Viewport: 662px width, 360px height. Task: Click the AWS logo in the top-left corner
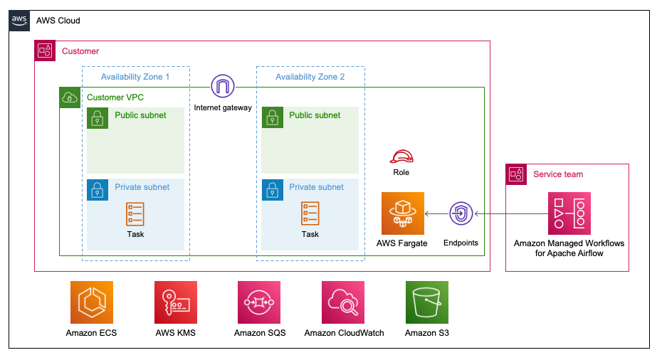[x=20, y=21]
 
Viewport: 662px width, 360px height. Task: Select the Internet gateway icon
[x=223, y=88]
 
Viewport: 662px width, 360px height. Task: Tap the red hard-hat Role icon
[x=401, y=157]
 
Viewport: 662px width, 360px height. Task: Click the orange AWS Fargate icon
[x=403, y=213]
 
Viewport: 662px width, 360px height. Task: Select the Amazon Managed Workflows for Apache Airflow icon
[x=569, y=213]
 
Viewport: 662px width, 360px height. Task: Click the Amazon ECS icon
[x=91, y=302]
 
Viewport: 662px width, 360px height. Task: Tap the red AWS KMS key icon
[x=175, y=302]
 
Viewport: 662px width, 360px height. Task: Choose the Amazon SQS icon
[x=259, y=302]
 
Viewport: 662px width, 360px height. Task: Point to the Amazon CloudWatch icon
[x=343, y=302]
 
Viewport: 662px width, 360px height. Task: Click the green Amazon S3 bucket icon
[x=427, y=302]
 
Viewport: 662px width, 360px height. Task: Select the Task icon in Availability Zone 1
[x=135, y=214]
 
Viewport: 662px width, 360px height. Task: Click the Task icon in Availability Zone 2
[x=310, y=214]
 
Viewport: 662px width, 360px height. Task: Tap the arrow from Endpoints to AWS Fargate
[x=437, y=213]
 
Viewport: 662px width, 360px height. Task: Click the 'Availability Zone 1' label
[x=135, y=77]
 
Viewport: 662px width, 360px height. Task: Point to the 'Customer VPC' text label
[x=115, y=97]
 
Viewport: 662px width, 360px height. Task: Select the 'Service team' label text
[x=558, y=174]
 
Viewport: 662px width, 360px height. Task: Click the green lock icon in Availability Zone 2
[x=271, y=118]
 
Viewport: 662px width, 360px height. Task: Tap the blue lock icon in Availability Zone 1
[x=98, y=190]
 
